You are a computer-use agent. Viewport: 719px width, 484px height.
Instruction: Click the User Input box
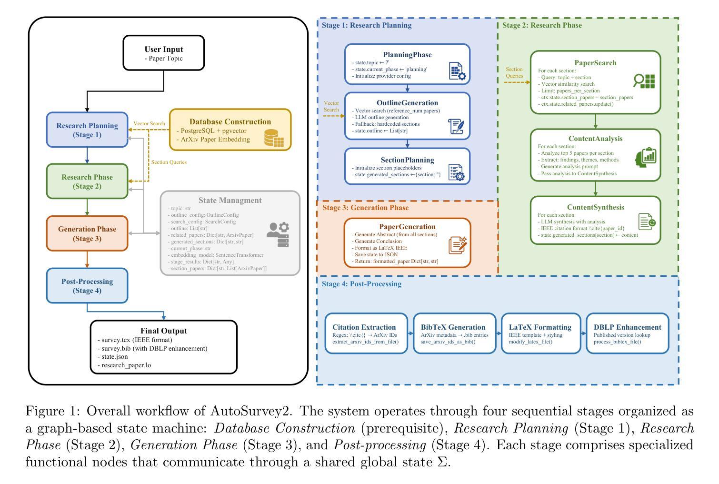point(164,52)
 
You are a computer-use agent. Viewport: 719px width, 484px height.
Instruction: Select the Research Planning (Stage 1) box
point(87,130)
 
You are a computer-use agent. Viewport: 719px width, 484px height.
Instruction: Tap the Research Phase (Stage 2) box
point(87,181)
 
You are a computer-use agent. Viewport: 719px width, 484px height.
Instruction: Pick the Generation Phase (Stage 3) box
point(87,233)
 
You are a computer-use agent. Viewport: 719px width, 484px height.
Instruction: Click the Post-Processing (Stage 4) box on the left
point(87,285)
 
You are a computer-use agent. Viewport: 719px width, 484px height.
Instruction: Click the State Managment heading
point(230,201)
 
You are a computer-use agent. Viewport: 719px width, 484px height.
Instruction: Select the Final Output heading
point(163,331)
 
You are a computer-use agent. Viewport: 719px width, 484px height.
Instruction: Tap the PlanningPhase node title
point(407,55)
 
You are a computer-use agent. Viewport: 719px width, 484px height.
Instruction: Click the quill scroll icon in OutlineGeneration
point(457,126)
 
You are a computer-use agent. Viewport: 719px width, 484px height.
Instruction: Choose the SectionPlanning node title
point(407,160)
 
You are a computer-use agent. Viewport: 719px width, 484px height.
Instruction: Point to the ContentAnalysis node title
point(595,139)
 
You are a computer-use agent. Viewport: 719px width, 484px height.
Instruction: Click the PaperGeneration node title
point(407,227)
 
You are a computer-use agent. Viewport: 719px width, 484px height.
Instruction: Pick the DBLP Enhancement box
point(627,333)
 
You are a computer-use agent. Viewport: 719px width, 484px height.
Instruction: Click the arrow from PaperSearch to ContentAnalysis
point(595,121)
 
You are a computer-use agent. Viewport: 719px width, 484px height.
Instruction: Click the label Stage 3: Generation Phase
point(365,208)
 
